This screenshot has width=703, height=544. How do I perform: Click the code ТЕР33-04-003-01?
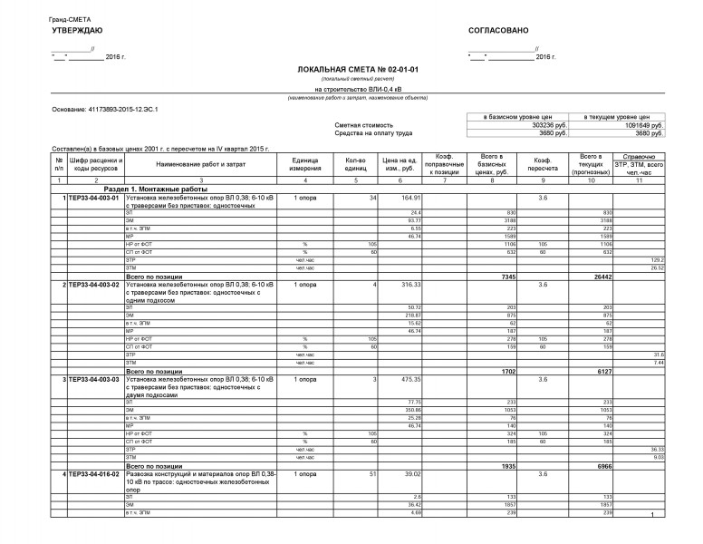click(x=94, y=197)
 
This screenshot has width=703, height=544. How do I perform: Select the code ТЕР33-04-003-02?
click(x=94, y=285)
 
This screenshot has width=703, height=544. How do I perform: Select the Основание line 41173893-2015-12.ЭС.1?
click(x=105, y=110)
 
